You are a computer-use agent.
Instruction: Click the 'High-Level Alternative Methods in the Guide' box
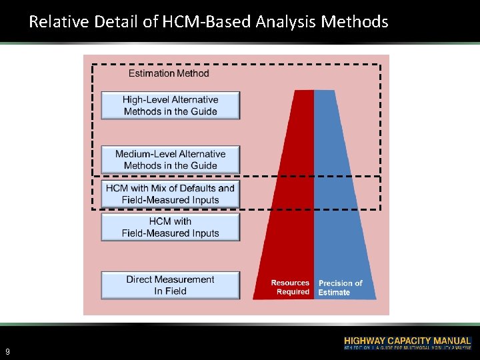pos(170,105)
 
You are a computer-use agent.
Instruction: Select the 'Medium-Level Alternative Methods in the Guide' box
pos(170,159)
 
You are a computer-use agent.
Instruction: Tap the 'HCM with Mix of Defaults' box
pos(170,194)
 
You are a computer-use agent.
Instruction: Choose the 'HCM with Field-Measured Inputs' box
pos(170,227)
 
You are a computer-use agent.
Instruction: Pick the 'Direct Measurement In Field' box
pos(170,285)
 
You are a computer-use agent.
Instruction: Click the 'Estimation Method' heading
pos(169,73)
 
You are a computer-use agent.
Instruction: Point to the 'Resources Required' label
pos(290,287)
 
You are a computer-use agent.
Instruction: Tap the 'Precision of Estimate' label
pos(340,287)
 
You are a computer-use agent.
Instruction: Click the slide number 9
pos(7,351)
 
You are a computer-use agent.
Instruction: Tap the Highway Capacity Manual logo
pos(407,343)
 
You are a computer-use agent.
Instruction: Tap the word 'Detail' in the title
pos(117,22)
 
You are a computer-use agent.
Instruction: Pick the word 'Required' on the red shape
pos(293,292)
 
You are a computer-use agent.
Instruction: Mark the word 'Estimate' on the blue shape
pos(334,293)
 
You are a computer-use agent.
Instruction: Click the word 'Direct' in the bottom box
pos(142,279)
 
